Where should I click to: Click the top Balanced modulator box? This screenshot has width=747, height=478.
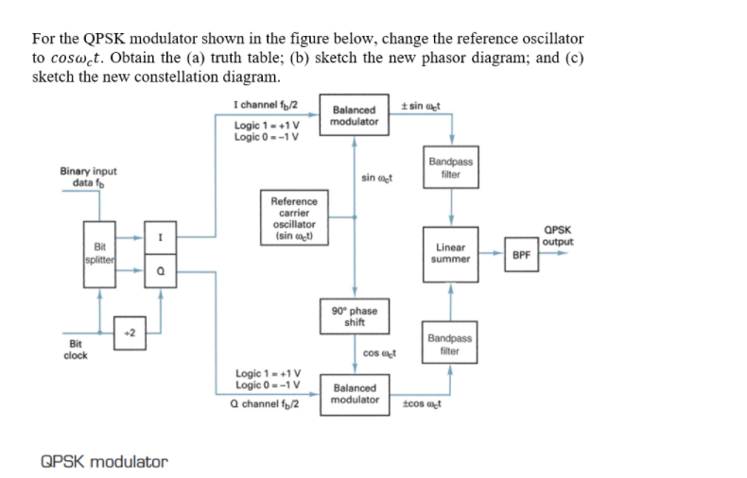(x=355, y=115)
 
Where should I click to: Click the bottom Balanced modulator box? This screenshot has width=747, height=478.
(x=355, y=393)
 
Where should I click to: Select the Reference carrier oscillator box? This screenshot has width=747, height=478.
(x=294, y=219)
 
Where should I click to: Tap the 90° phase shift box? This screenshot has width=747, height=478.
(x=355, y=316)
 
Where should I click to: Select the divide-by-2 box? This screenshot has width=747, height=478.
(x=130, y=333)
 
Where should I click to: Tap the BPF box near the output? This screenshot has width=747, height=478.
(x=521, y=253)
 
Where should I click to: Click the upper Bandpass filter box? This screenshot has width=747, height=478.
(x=450, y=168)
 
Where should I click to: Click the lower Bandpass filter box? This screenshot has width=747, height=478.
(x=450, y=344)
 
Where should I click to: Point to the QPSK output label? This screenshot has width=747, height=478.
(x=559, y=234)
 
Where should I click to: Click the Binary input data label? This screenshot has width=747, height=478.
(x=88, y=177)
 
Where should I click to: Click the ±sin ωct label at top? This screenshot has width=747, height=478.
(x=421, y=105)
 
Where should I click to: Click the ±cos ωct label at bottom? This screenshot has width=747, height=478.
(x=421, y=404)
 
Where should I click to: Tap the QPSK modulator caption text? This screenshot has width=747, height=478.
(x=105, y=462)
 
